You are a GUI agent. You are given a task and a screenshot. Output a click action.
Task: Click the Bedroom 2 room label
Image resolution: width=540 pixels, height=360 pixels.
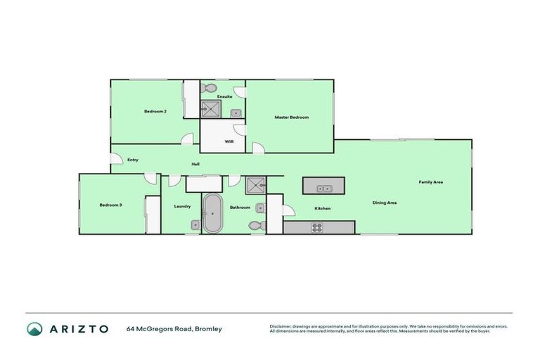pos(155,111)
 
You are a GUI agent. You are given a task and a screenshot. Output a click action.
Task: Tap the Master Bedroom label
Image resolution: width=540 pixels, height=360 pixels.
pos(291,117)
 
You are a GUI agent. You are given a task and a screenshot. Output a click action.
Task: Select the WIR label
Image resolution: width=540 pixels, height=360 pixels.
pos(229,141)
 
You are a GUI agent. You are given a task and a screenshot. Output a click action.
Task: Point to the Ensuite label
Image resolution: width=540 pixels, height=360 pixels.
pos(224,96)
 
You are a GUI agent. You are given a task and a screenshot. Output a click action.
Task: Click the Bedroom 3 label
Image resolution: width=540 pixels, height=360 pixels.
pos(110,205)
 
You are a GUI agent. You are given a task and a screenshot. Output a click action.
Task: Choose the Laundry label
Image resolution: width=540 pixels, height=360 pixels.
pos(182,206)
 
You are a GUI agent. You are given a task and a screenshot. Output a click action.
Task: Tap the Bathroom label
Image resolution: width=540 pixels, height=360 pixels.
pos(240,207)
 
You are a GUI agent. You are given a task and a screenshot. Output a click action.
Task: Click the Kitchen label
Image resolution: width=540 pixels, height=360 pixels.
pos(322,208)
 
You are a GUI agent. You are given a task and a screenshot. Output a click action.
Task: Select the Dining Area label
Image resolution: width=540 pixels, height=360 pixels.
pos(385,202)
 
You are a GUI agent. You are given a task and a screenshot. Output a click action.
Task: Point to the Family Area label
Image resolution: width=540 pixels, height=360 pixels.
pos(430,182)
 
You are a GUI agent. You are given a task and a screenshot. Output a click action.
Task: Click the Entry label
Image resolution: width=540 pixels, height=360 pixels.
pos(132,160)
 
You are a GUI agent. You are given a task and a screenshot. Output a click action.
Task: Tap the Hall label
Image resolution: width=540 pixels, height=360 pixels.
pos(195,165)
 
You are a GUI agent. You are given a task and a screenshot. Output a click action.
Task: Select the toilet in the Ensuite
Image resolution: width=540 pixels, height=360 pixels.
pos(208,89)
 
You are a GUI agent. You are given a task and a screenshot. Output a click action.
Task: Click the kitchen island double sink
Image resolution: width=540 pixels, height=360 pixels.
pos(324,188)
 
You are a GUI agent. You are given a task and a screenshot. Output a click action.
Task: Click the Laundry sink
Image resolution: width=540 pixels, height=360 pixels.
pos(195,225)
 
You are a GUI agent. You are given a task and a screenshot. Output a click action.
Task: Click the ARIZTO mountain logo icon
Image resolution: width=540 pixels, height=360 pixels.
pos(34,328)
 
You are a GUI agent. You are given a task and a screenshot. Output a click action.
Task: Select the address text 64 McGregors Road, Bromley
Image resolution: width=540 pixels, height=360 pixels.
pos(174,328)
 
